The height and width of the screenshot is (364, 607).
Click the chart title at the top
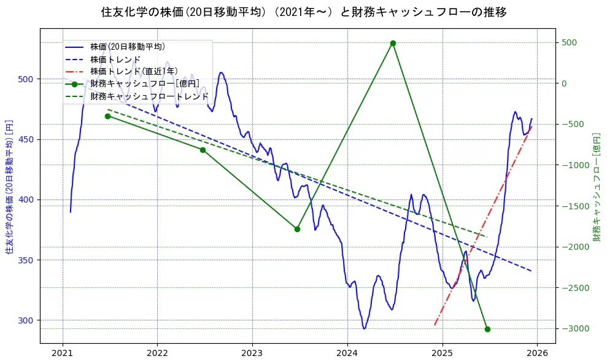pos(303,12)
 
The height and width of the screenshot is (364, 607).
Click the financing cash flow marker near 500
pos(393,43)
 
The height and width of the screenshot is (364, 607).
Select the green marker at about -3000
pos(487,329)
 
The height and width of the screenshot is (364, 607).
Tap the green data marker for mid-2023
pos(297,229)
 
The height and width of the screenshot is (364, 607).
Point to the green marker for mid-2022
pos(203,150)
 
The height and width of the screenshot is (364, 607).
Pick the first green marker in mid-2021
pos(107,116)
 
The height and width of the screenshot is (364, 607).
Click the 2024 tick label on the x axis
pos(347,353)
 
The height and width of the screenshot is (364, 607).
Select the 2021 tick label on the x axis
pos(62,353)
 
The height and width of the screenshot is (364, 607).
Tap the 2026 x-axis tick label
pos(538,353)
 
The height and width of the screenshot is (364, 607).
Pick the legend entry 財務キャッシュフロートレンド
pos(149,96)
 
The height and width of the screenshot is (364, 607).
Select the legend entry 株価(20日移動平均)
pos(127,46)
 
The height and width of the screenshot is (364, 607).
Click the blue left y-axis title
pos(9,186)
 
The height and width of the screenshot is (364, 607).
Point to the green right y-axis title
pos(597,186)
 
